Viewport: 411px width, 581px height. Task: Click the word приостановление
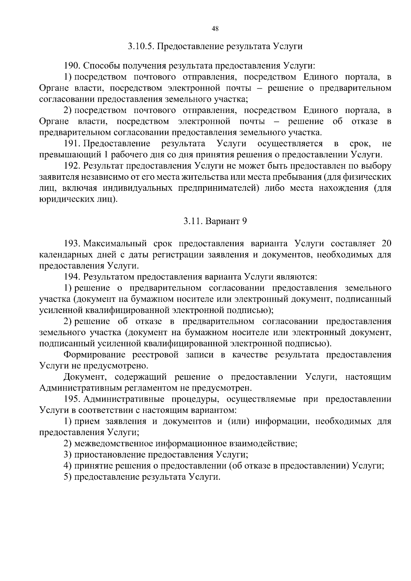click(x=109, y=455)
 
